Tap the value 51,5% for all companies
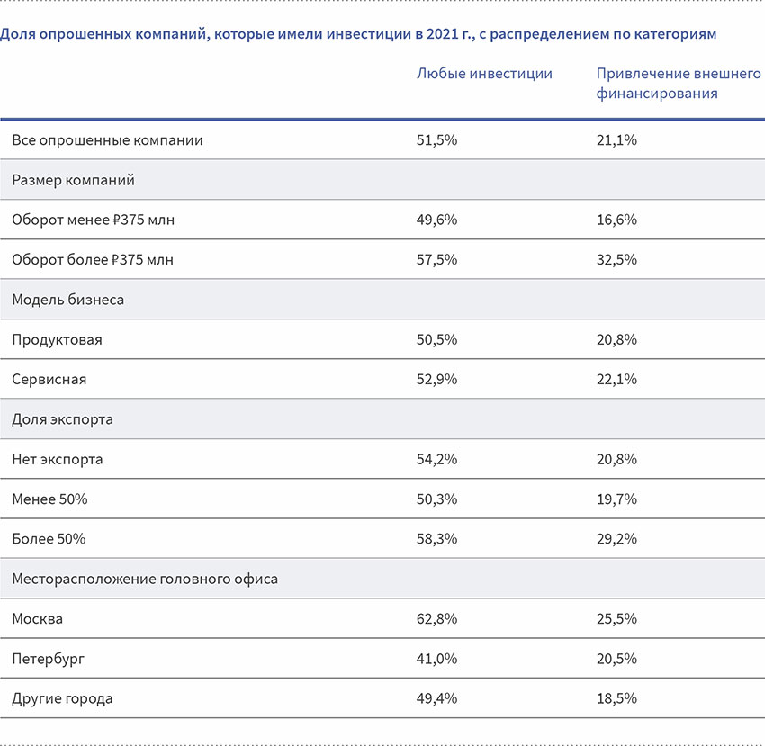436,140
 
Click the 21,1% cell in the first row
616,140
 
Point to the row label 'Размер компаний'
74,180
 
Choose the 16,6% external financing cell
616,220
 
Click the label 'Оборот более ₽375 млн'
93,260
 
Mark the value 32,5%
616,260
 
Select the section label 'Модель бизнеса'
68,300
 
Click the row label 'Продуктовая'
58,340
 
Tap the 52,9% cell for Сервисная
436,380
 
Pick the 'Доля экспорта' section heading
62,419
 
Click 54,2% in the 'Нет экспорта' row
436,460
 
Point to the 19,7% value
616,499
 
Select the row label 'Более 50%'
49,539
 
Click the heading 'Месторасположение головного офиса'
145,579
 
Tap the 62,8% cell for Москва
436,619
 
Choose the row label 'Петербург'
49,659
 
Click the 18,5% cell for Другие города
616,698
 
